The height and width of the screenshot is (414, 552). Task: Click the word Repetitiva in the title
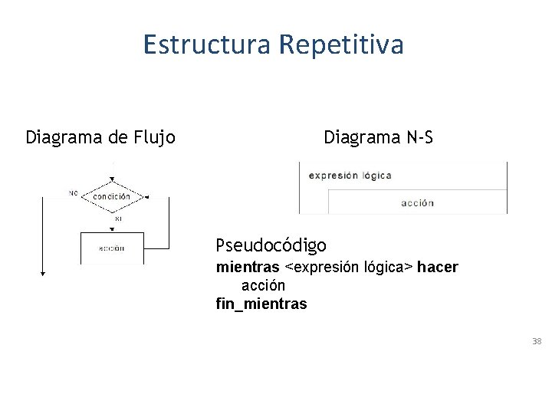pyautogui.click(x=340, y=44)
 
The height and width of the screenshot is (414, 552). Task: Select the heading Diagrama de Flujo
pyautogui.click(x=100, y=138)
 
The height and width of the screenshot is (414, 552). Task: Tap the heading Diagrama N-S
pyautogui.click(x=378, y=138)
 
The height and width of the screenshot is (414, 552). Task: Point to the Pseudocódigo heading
pyautogui.click(x=271, y=245)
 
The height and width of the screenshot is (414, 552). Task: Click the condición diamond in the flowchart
pyautogui.click(x=112, y=196)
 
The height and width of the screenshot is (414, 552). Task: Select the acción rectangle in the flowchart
pyautogui.click(x=112, y=248)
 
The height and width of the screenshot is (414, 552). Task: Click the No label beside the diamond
pyautogui.click(x=73, y=192)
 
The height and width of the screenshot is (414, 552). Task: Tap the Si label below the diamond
pyautogui.click(x=118, y=219)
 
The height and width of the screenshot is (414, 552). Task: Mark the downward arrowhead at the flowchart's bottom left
pyautogui.click(x=43, y=271)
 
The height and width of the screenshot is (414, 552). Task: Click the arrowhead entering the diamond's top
pyautogui.click(x=112, y=180)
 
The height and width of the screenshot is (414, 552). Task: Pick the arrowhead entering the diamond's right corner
pyautogui.click(x=146, y=197)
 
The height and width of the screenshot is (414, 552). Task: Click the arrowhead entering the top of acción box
pyautogui.click(x=112, y=228)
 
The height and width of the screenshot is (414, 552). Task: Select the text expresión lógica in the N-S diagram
pyautogui.click(x=350, y=175)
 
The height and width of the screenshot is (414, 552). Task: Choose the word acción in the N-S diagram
pyautogui.click(x=417, y=203)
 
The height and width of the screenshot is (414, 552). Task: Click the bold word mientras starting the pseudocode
pyautogui.click(x=248, y=267)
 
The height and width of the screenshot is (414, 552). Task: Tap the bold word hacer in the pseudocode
pyautogui.click(x=438, y=267)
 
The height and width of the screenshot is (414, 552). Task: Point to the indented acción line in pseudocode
pyautogui.click(x=263, y=285)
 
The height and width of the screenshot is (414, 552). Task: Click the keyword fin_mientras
pyautogui.click(x=261, y=304)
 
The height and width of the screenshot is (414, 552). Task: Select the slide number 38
pyautogui.click(x=537, y=340)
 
